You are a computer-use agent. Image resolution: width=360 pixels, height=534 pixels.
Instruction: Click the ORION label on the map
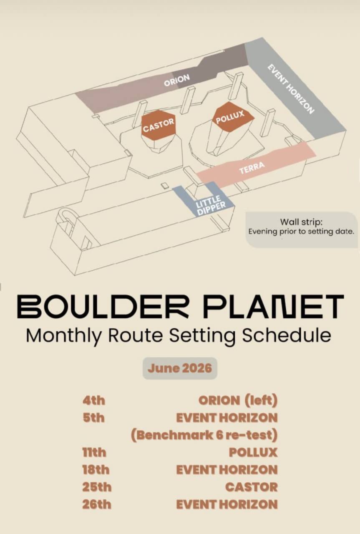point(176,80)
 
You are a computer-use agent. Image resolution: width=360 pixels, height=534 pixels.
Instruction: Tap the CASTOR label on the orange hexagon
point(159,126)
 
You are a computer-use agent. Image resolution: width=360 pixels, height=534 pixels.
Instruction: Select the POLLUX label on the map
point(230,117)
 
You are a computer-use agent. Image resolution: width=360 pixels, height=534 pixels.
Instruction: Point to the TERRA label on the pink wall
point(252,167)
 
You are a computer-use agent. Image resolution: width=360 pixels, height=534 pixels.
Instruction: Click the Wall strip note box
point(302,229)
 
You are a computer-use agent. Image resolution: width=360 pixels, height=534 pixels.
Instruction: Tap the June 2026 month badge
point(180,368)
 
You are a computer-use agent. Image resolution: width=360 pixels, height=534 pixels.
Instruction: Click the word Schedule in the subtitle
point(286,336)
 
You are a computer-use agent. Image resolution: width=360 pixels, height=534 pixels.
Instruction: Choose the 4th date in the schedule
point(94,400)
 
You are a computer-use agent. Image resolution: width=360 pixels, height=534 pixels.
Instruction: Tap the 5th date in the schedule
point(94,418)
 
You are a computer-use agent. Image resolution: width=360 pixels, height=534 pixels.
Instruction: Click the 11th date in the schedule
point(94,453)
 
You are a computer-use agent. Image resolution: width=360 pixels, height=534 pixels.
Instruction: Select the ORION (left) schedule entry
point(238,400)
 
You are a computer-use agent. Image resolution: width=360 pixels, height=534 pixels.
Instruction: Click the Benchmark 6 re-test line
point(204,435)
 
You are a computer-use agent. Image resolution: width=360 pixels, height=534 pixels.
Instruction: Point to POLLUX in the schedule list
point(253,453)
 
